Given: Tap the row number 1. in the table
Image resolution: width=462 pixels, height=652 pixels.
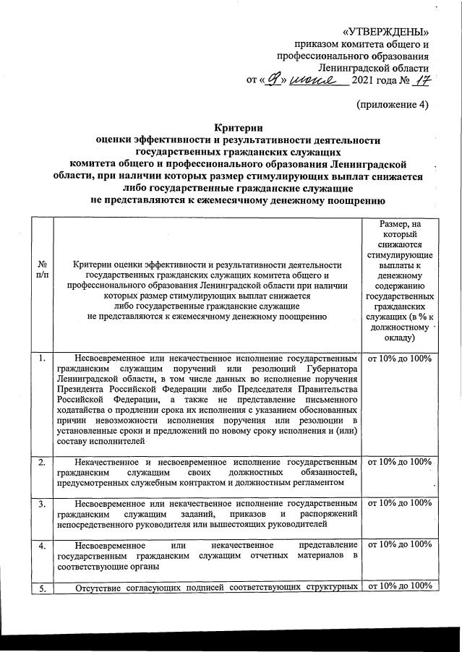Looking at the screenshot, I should click(42, 359).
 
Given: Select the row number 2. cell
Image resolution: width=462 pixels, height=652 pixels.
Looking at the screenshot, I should click(42, 462).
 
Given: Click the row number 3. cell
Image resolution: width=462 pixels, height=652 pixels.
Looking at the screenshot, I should click(42, 503).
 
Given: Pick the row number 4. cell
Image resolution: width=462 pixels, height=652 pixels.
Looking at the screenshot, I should click(42, 544).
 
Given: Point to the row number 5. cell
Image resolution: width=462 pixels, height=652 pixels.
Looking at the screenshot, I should click(42, 586).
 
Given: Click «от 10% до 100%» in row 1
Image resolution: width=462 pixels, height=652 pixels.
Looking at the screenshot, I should click(400, 359).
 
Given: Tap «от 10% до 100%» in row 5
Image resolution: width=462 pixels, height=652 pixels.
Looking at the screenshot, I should click(400, 586).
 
